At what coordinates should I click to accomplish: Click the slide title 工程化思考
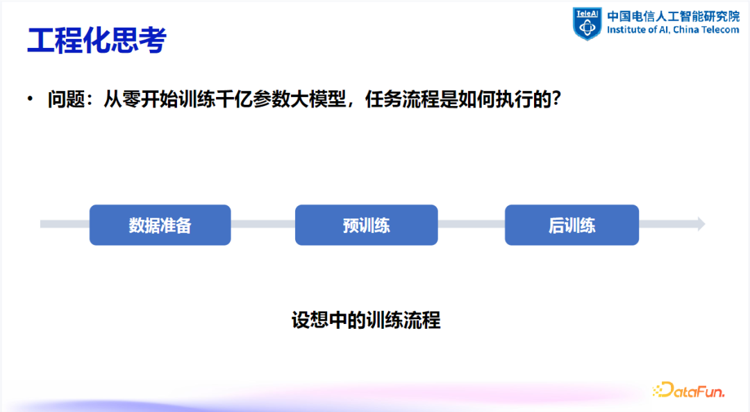(97, 41)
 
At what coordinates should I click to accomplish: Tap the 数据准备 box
(160, 225)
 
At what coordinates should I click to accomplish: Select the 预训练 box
(366, 225)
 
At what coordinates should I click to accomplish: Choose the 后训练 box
(572, 225)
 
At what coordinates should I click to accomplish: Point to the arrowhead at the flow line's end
(700, 224)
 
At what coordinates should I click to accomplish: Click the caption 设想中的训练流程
(366, 320)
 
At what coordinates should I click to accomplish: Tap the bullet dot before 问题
(30, 100)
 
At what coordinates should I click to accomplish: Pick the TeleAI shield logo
(587, 23)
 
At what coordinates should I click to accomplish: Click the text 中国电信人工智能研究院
(673, 16)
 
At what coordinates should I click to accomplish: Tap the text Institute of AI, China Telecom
(673, 30)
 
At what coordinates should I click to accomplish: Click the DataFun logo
(688, 390)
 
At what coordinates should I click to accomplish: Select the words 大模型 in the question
(326, 100)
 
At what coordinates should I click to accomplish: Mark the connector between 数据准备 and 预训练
(262, 224)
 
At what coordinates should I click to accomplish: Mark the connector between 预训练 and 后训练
(471, 224)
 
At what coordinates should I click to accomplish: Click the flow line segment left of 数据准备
(65, 224)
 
